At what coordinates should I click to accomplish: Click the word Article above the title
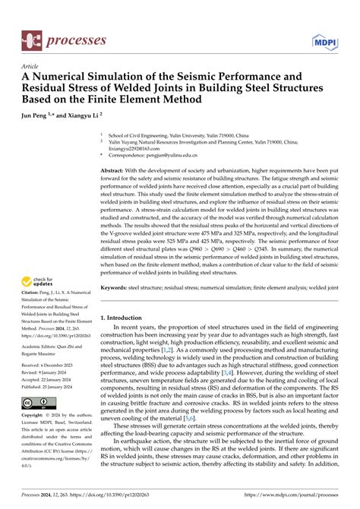tap(31, 66)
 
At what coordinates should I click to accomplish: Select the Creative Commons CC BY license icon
tap(37, 402)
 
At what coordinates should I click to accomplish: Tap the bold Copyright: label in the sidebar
tap(35, 416)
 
